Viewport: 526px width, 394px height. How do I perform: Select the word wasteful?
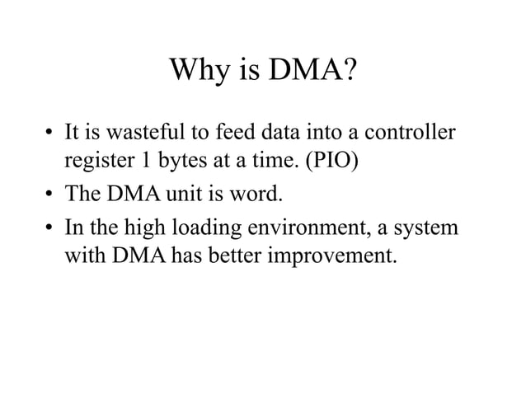tap(137, 132)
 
